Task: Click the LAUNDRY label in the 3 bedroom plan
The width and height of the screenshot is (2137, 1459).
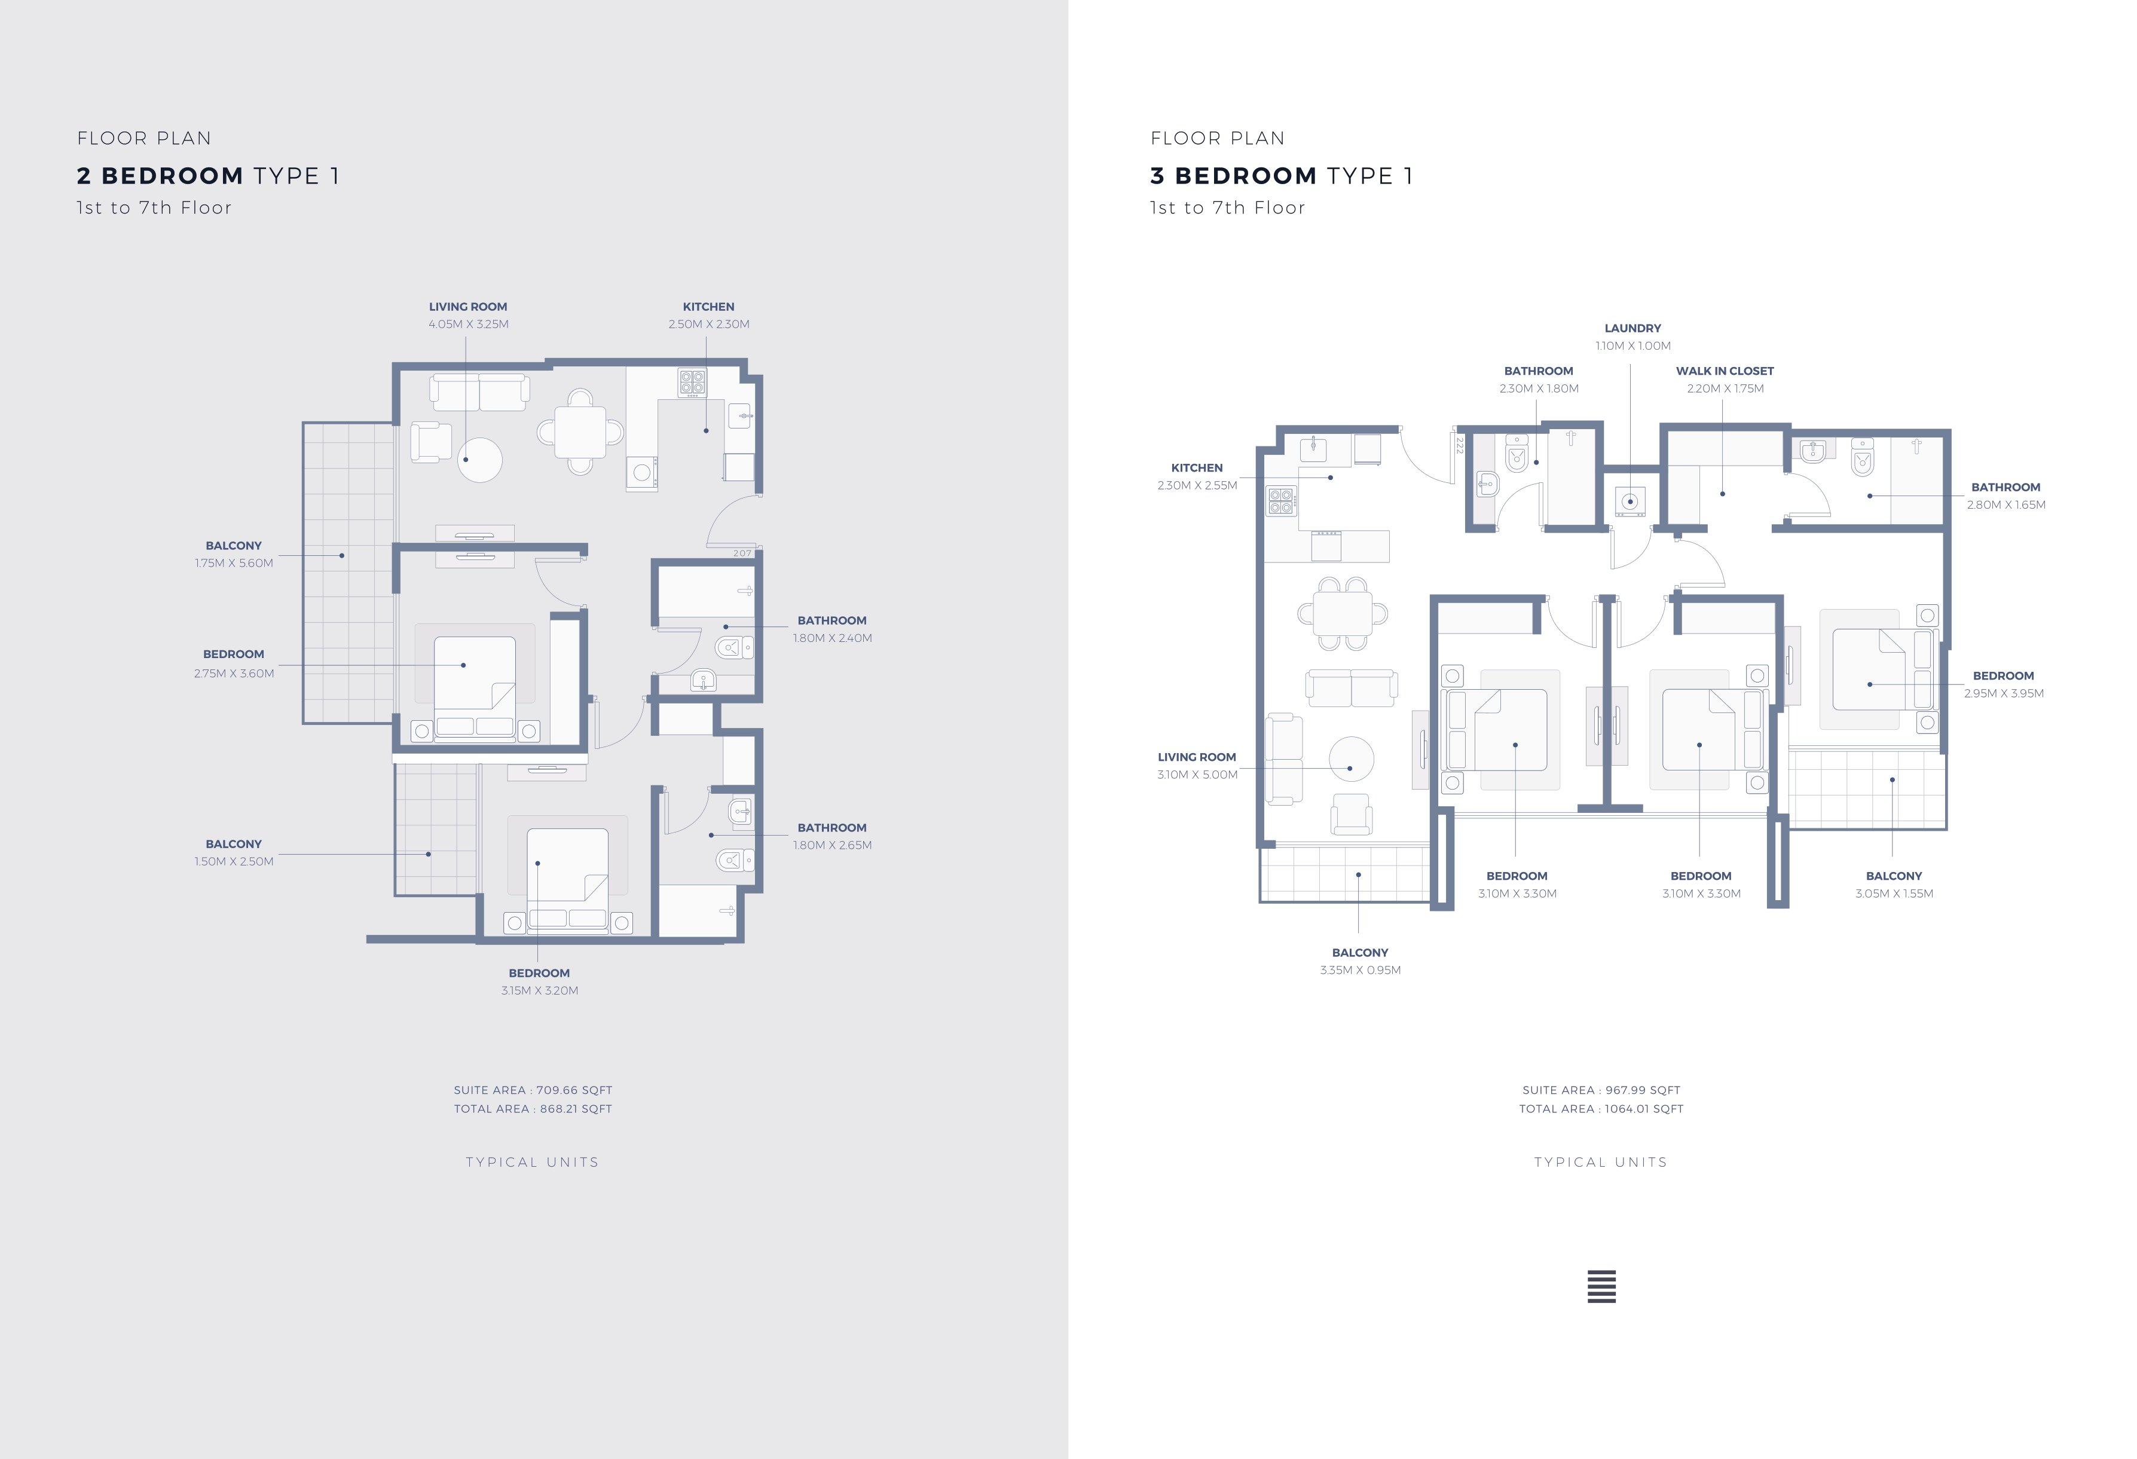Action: click(x=1632, y=328)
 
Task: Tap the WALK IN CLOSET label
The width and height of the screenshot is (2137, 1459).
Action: click(x=1724, y=371)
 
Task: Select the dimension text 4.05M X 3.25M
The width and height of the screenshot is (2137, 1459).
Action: click(x=468, y=325)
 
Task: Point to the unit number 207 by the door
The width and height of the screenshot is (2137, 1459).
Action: click(x=742, y=553)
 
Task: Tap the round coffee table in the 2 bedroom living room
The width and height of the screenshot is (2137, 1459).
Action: click(x=479, y=460)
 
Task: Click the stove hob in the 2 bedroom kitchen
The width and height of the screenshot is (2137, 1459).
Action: click(x=692, y=383)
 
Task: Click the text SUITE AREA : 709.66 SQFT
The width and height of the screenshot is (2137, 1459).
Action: click(x=533, y=1090)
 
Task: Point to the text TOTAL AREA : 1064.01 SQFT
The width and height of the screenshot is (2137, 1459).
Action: click(x=1601, y=1109)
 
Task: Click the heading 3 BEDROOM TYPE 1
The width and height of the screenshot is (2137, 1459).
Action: click(x=1281, y=176)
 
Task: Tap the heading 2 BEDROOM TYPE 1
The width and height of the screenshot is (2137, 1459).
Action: click(x=208, y=176)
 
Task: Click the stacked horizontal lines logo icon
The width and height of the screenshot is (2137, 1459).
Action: click(x=1601, y=1286)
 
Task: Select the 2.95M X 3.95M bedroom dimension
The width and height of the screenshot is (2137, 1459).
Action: click(x=2004, y=694)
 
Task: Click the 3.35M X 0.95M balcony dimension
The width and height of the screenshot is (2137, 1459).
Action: click(x=1360, y=971)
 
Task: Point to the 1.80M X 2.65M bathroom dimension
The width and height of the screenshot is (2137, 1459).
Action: click(x=832, y=846)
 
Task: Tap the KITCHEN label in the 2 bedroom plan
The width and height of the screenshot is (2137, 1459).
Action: click(x=708, y=307)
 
